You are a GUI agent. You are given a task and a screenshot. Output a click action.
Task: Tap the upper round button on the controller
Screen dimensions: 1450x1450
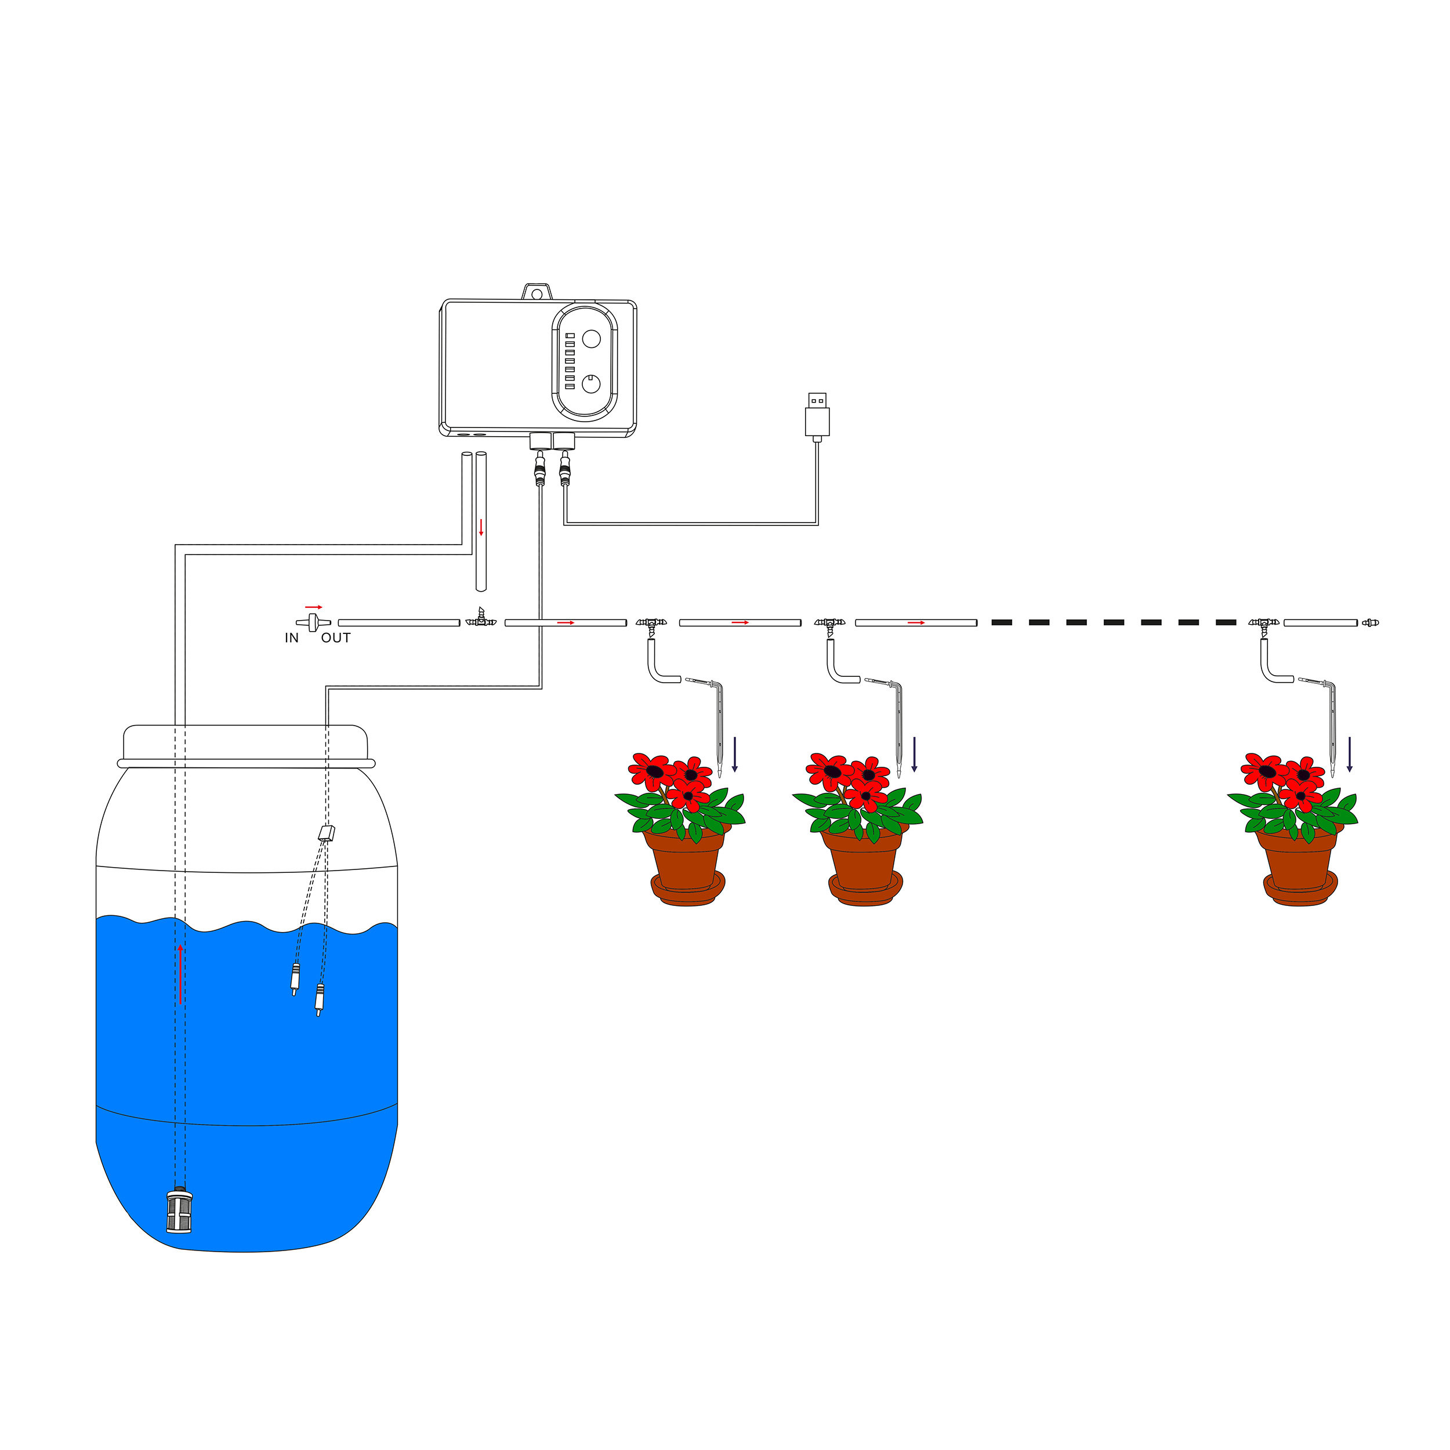point(592,339)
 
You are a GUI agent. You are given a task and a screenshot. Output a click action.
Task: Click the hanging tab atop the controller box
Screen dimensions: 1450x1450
point(536,291)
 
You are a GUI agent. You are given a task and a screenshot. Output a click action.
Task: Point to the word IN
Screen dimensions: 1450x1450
point(291,638)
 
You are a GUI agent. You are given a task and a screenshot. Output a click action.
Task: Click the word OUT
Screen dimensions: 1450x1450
point(335,638)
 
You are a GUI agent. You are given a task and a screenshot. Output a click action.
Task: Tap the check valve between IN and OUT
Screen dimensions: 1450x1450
point(314,622)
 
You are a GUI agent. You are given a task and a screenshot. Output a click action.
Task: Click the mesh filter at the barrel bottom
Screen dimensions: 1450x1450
point(179,1210)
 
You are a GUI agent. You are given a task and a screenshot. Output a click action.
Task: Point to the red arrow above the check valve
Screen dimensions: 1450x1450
point(314,607)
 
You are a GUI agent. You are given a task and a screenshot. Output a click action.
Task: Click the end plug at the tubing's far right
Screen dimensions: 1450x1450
point(1371,622)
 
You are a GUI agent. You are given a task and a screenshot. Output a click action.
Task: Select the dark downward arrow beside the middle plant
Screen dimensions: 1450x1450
point(914,754)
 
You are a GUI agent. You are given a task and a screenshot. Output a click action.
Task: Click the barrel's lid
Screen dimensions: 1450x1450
point(245,745)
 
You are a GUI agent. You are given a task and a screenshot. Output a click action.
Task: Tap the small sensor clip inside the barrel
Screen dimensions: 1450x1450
point(327,832)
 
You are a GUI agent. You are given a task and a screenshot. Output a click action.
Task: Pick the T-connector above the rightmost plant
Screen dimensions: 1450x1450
point(1263,623)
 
